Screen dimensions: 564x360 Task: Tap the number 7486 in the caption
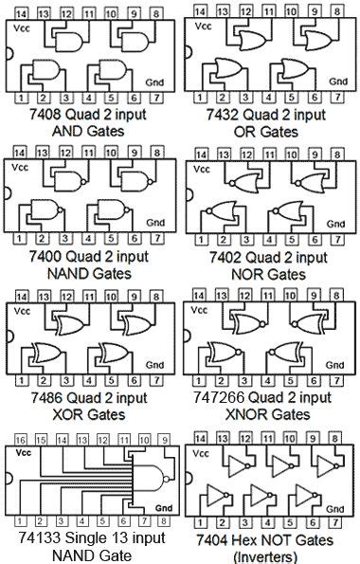coord(45,398)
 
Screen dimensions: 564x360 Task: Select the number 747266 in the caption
coord(219,398)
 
